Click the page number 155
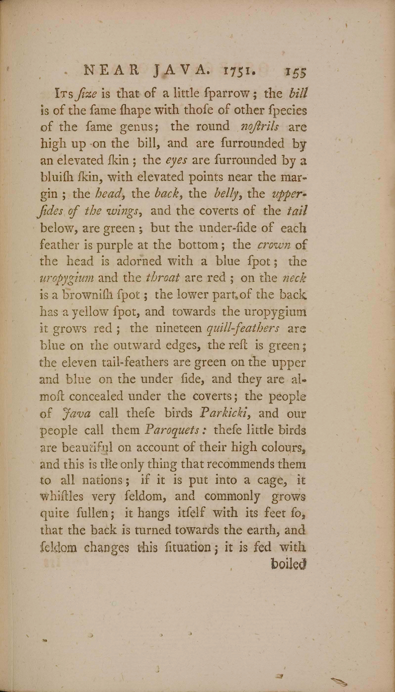tap(295, 73)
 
